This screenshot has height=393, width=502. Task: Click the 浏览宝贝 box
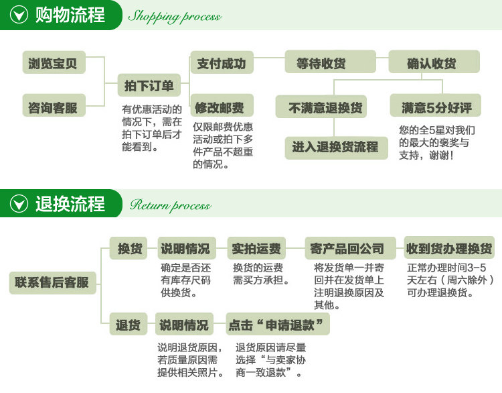53,63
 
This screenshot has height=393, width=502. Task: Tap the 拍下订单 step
149,85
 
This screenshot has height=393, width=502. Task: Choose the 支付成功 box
222,64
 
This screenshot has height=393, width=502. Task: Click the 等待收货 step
321,63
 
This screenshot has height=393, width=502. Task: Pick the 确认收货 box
432,63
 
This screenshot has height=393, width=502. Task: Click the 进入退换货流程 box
335,147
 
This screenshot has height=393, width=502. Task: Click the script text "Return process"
170,205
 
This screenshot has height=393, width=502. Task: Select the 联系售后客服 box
52,282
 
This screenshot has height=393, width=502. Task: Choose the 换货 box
130,248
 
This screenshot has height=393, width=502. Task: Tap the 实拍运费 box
256,248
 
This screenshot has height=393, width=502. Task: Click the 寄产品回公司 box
347,248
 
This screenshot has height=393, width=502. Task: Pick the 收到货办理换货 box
449,248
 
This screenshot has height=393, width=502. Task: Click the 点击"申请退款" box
277,325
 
